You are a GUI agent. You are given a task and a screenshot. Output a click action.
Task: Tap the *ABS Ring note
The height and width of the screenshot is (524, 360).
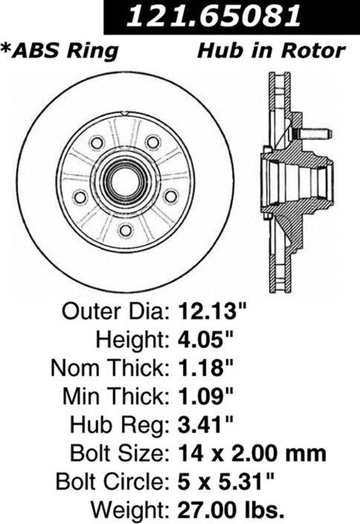point(60,51)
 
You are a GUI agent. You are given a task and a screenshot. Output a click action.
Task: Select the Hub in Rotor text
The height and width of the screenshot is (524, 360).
point(271,51)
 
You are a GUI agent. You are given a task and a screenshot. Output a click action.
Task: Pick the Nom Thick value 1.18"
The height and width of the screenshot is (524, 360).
point(205,367)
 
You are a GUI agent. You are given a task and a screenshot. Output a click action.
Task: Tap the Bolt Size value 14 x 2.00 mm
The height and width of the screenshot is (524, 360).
point(252,453)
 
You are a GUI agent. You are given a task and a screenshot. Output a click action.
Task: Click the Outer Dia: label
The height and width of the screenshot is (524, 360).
point(116,311)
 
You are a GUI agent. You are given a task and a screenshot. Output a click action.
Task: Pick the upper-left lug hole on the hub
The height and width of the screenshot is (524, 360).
point(97,142)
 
